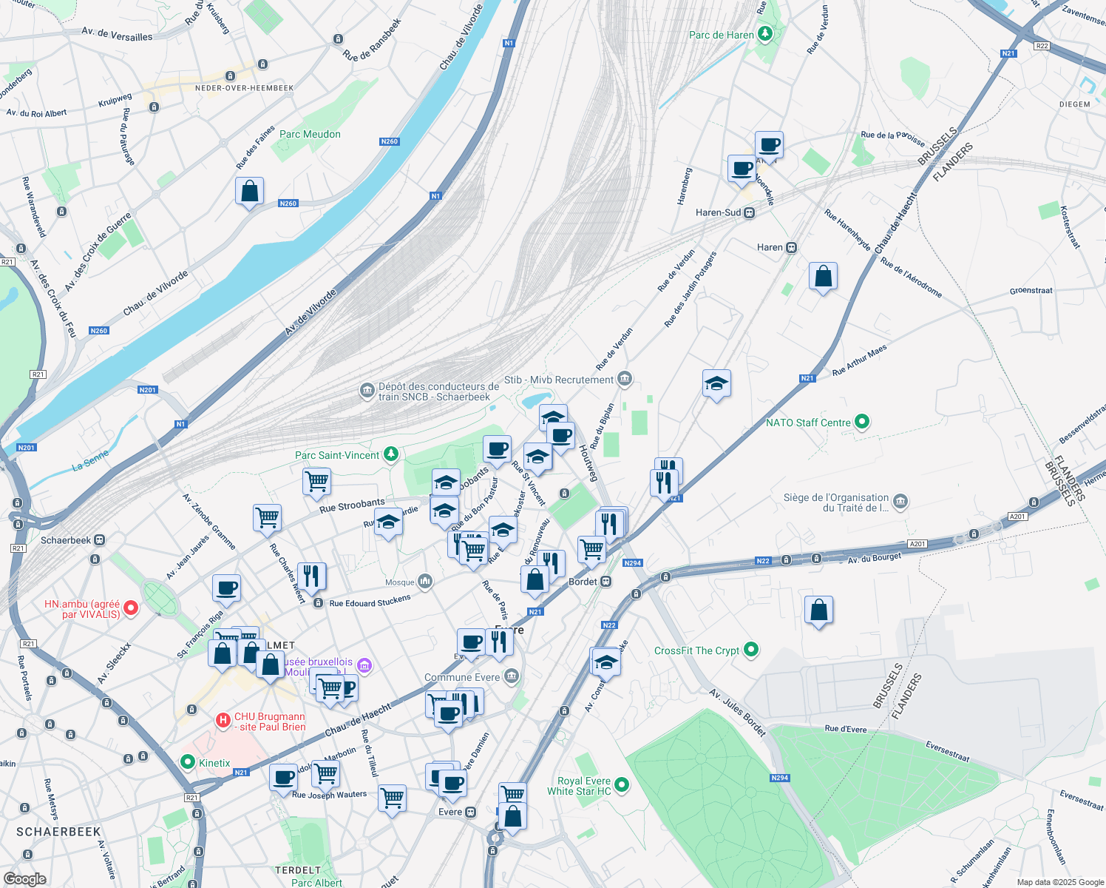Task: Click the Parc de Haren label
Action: pos(721,35)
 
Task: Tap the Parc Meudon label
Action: pos(310,134)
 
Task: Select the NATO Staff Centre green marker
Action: pos(861,422)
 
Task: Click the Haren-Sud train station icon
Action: pos(750,212)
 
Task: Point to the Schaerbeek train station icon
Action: pos(100,540)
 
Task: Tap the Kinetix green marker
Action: pos(188,762)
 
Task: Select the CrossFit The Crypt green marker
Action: pos(751,650)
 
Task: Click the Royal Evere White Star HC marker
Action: pos(622,784)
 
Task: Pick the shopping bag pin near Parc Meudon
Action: pos(250,192)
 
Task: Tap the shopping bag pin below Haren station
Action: pos(823,277)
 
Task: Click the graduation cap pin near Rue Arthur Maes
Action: pos(716,384)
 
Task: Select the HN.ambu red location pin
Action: pos(131,608)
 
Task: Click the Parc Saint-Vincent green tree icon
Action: pos(391,454)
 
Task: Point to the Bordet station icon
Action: pos(606,582)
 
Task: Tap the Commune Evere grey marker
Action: pos(511,676)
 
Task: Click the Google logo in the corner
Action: pos(25,878)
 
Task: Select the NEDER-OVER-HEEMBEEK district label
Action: pos(244,88)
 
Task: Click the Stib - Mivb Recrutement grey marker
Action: pos(625,379)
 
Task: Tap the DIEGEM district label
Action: pos(1074,104)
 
